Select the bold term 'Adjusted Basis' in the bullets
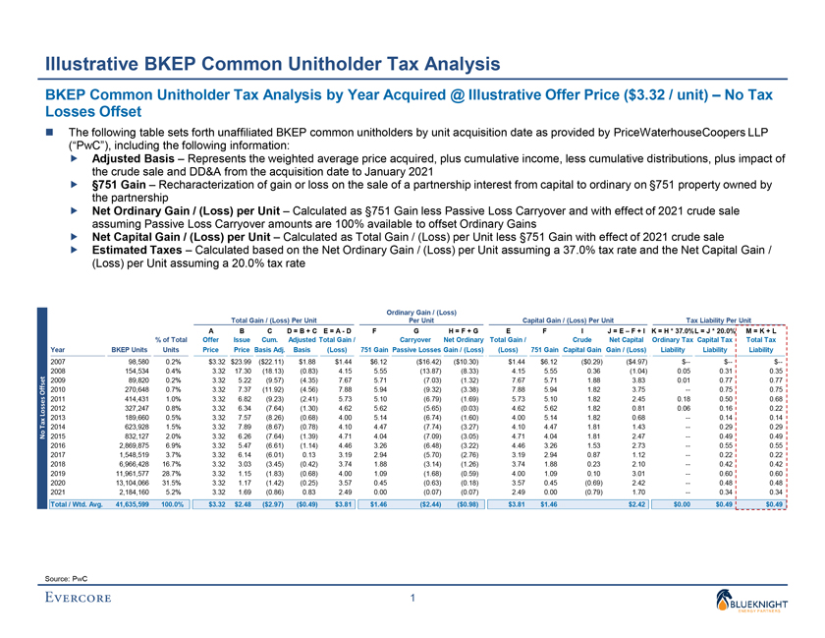coord(125,156)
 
